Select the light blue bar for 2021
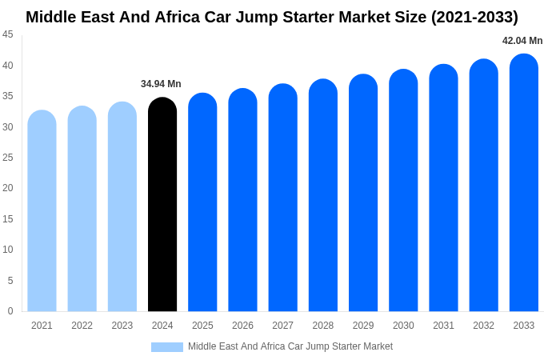[42, 211]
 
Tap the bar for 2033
[524, 183]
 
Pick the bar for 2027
[282, 198]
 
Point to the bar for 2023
[122, 207]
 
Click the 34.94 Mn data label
[161, 84]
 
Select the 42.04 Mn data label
[522, 41]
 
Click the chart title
[272, 17]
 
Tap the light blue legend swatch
[167, 347]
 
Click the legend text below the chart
[290, 346]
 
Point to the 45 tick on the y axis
[8, 34]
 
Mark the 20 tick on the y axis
[8, 188]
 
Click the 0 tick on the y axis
[10, 311]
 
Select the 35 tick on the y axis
[8, 96]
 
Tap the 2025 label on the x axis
[202, 326]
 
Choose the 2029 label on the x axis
[363, 326]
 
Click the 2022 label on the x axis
[82, 326]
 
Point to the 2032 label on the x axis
[483, 326]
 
